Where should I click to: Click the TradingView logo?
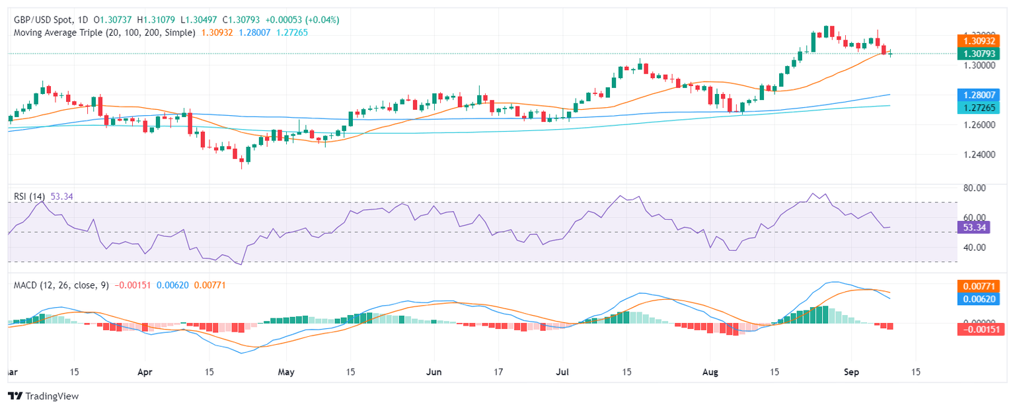pos(43,396)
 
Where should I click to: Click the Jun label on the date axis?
pos(434,372)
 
